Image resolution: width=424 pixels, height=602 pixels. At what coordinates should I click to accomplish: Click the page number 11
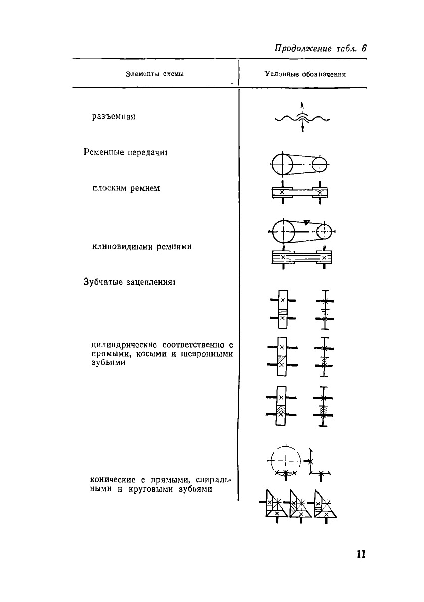tap(360, 553)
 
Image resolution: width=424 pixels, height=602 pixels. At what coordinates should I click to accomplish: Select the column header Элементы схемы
tap(154, 74)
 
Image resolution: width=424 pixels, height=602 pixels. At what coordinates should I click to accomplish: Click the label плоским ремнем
tap(126, 189)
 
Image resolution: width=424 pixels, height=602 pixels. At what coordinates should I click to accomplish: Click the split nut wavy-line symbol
tap(302, 119)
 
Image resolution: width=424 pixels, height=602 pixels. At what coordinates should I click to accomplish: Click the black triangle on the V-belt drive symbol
tap(307, 221)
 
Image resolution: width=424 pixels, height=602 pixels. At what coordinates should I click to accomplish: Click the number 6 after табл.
tap(363, 49)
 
